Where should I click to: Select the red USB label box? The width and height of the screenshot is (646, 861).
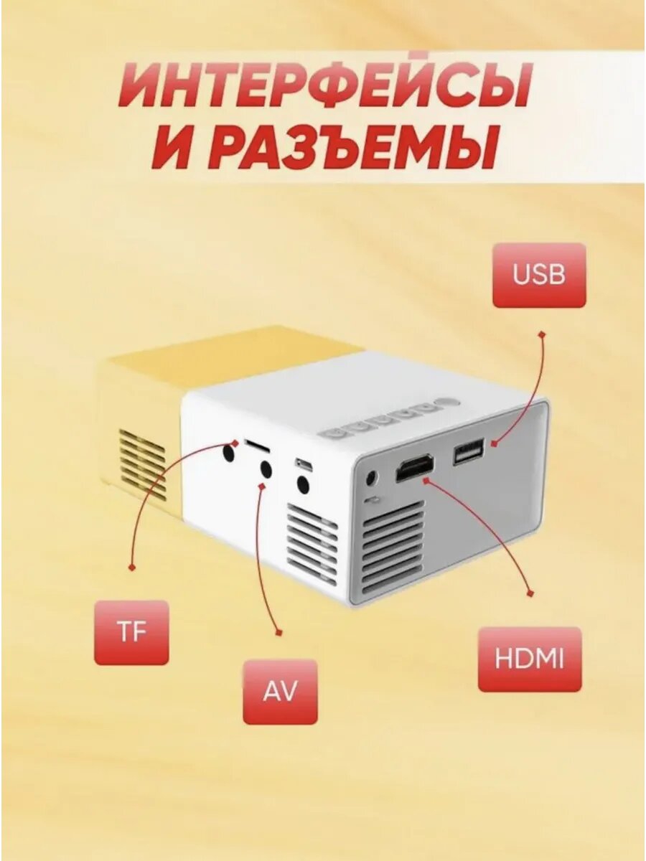[539, 275]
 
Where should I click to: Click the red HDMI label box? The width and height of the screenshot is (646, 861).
[530, 659]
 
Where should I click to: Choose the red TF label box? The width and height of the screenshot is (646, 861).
[131, 632]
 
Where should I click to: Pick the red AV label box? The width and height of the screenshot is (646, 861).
[280, 692]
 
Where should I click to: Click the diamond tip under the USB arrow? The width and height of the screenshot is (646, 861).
[542, 334]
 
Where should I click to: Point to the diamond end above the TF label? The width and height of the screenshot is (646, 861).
[131, 567]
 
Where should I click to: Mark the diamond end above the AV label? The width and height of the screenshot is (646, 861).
[280, 631]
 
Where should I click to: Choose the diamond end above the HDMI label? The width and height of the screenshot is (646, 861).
[530, 593]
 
